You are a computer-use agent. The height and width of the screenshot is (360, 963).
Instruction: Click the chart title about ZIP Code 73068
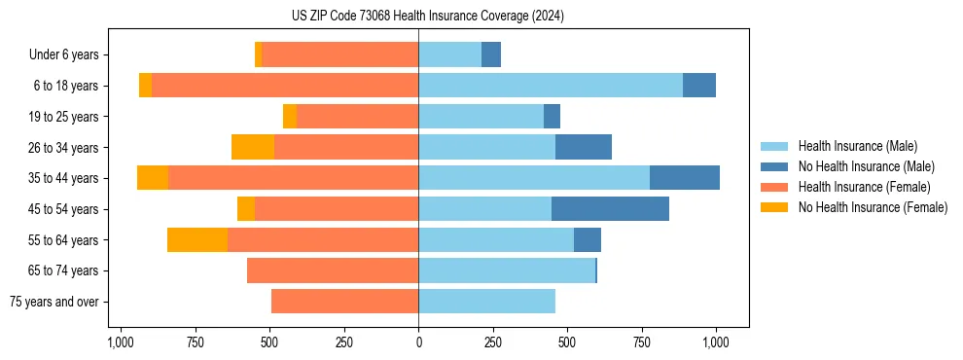coord(427,17)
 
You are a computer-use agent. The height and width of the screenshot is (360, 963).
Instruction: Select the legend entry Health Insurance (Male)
coord(857,146)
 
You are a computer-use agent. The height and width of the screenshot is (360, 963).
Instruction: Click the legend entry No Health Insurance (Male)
coord(866,166)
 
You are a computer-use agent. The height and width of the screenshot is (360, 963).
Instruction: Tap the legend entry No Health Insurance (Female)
coord(873,207)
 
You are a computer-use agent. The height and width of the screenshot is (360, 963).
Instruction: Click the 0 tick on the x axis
coord(418,342)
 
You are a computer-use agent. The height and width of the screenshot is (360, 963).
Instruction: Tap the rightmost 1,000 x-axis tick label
coord(716,342)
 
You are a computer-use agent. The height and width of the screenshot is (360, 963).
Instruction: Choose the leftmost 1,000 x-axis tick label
coord(121,342)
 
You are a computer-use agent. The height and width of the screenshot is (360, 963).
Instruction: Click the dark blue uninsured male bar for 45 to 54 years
coord(610,208)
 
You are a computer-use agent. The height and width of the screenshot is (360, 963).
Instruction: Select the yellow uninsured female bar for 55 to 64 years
coord(197,239)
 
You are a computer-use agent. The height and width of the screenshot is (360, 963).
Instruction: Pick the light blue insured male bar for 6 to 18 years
coord(551,86)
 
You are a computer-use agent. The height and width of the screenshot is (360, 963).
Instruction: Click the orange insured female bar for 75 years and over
coord(344,302)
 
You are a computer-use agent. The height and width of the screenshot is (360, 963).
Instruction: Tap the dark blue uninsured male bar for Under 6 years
coord(491,54)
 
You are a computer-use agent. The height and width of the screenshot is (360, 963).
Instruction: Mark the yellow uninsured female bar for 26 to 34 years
coord(253,147)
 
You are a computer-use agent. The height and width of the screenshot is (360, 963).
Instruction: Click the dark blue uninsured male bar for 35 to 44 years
coord(685,178)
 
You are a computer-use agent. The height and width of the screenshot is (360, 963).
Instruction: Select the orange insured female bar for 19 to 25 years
coord(357,116)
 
